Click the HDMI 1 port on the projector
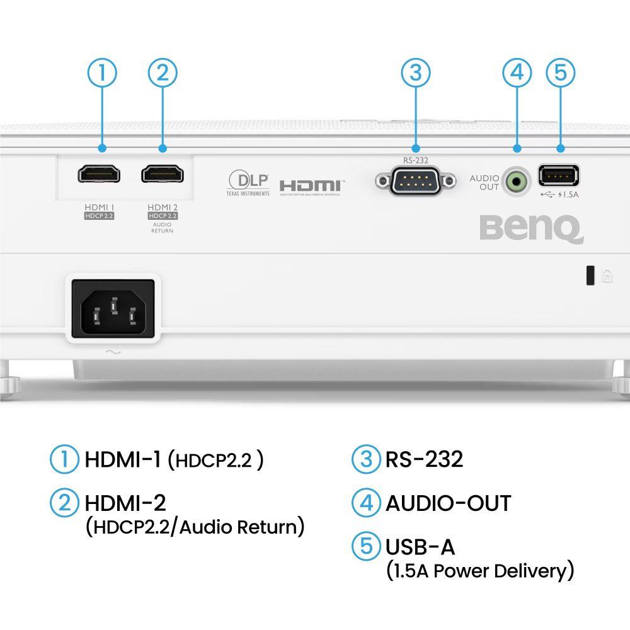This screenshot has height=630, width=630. [100, 173]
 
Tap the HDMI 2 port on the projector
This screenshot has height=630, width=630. [163, 173]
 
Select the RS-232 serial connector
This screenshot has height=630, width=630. [415, 181]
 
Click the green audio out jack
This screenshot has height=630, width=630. [517, 183]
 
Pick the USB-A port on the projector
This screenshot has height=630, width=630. [559, 175]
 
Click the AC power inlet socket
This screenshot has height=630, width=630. [113, 309]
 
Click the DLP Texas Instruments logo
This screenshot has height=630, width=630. [248, 182]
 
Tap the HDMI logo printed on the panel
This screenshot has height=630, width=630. [310, 186]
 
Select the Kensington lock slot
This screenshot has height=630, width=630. [590, 276]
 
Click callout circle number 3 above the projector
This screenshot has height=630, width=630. [415, 73]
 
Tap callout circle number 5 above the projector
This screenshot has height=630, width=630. [560, 73]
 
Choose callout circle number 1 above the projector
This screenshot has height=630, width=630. [102, 73]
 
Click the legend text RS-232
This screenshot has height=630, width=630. [424, 459]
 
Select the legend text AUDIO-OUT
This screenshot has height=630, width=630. [448, 503]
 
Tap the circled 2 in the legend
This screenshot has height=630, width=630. [64, 503]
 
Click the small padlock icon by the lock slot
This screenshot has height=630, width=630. [607, 276]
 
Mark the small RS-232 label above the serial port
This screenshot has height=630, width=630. [415, 161]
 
